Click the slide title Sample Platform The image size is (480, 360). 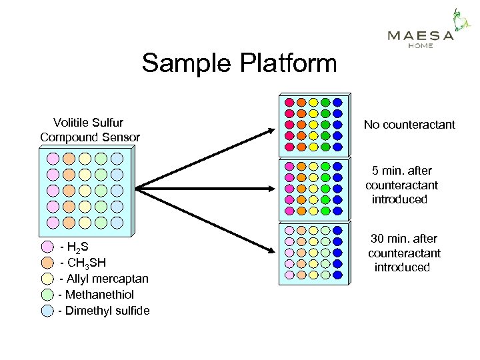pos(239,64)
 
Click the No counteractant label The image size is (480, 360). pos(409,125)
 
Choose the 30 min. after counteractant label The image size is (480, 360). pos(404,253)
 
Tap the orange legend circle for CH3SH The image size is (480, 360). pos(47,263)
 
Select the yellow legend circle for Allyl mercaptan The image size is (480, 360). pos(47,279)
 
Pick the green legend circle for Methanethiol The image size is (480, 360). pos(47,294)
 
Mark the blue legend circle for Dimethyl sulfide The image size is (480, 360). pos(47,310)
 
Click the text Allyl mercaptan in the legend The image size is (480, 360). pos(105,279)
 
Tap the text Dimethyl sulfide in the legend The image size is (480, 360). pos(105,311)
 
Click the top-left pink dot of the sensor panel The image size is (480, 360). pos(53,159)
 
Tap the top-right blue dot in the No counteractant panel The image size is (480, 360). pos(337,103)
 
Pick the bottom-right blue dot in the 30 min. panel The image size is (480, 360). pos(337,275)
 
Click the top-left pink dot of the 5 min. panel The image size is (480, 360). pos(289,166)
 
